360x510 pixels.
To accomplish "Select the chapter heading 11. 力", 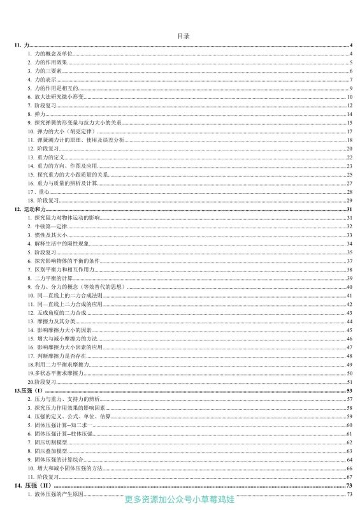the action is [22, 47].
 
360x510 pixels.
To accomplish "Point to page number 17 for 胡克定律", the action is [350, 131].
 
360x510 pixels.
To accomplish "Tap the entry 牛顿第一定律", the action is [47, 226].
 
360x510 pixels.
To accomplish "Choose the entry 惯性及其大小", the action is [47, 235].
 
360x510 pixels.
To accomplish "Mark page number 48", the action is [350, 356].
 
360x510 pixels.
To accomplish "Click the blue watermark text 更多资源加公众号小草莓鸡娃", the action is [180, 500].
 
